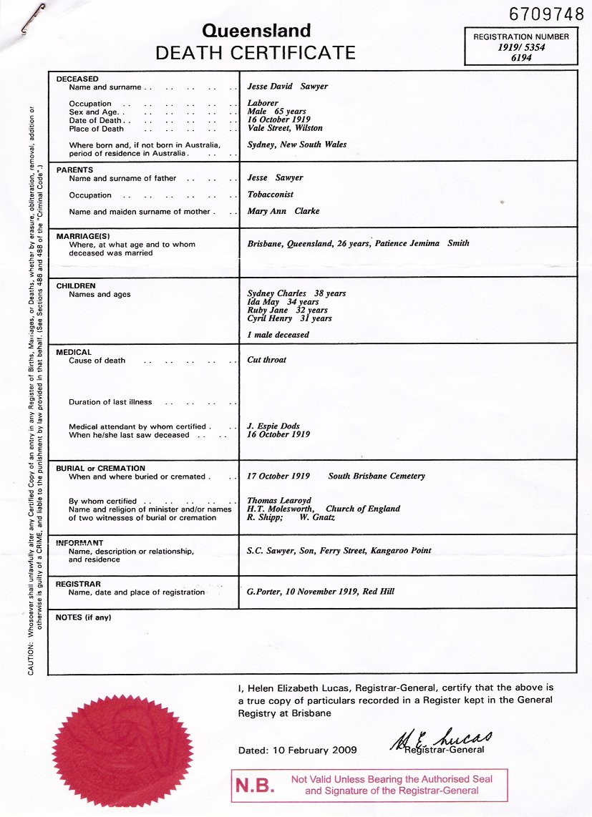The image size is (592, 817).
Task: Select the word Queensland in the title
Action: pyautogui.click(x=256, y=31)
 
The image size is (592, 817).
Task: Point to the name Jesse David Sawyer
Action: pyautogui.click(x=288, y=87)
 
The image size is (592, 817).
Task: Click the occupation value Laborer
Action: pyautogui.click(x=263, y=103)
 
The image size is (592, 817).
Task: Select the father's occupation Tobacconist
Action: pyautogui.click(x=271, y=195)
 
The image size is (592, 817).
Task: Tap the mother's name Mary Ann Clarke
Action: pyautogui.click(x=283, y=211)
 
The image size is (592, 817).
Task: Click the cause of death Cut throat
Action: pyautogui.click(x=266, y=360)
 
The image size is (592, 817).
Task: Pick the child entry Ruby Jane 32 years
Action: pyautogui.click(x=287, y=310)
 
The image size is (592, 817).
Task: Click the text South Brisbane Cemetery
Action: pyautogui.click(x=377, y=476)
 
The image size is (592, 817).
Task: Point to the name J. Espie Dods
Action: pyautogui.click(x=273, y=426)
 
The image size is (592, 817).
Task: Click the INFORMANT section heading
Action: pyautogui.click(x=79, y=543)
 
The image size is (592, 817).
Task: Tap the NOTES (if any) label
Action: pyautogui.click(x=83, y=617)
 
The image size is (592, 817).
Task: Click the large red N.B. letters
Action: pyautogui.click(x=255, y=786)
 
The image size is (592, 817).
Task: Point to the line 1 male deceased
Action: pyautogui.click(x=278, y=335)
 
